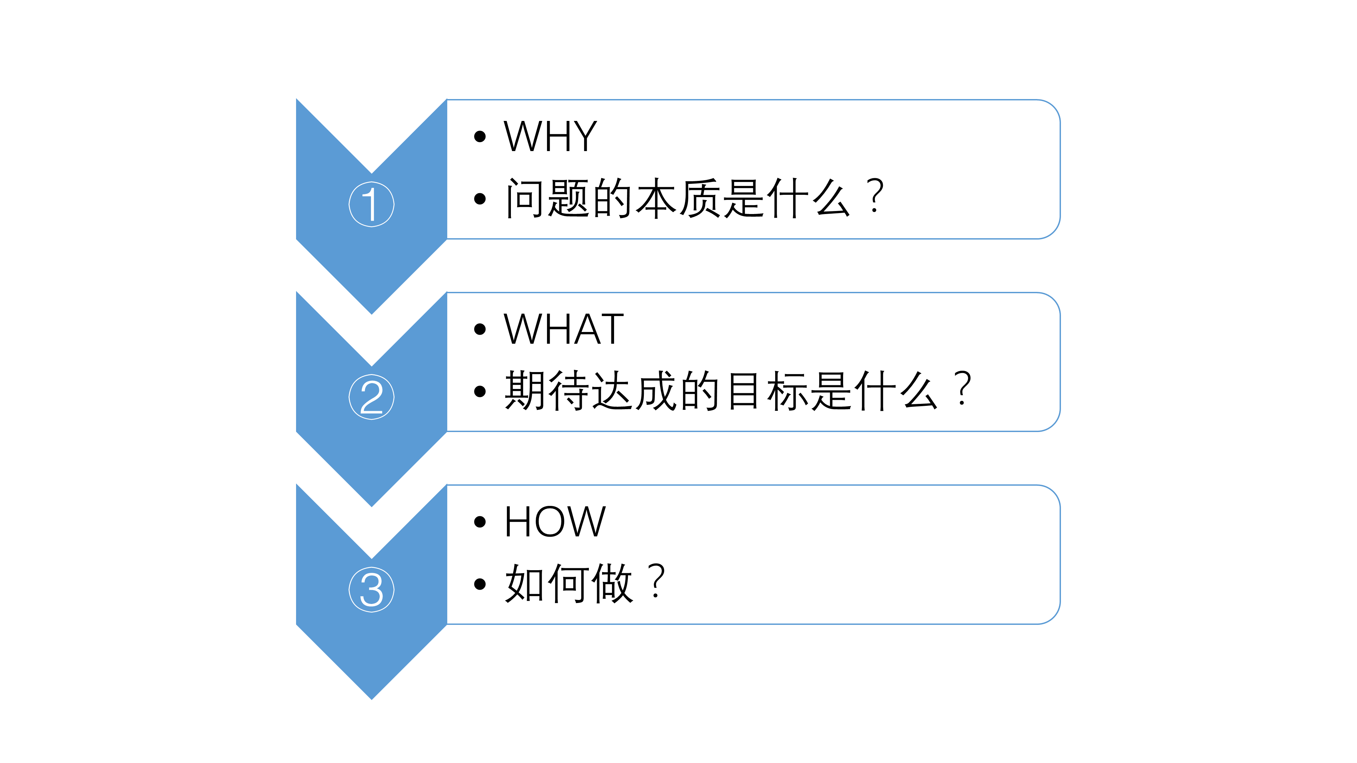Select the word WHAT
pos(563,329)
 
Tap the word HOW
pos(555,522)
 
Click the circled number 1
pos(371,204)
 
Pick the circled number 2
pos(371,397)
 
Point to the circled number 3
pos(371,590)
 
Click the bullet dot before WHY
pos(479,137)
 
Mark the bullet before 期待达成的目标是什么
pos(479,392)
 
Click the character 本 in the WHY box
pos(656,198)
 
